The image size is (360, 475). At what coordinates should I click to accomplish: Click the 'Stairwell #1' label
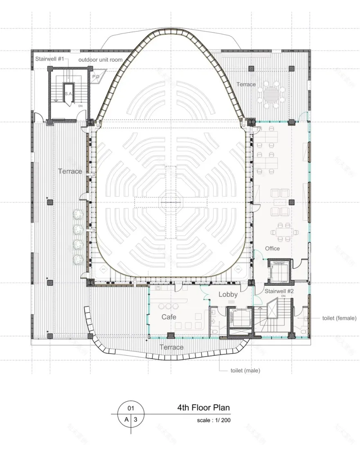(x=49, y=59)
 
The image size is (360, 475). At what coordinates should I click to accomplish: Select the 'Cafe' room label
(x=169, y=317)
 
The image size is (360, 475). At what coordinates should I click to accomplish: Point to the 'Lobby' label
(x=228, y=294)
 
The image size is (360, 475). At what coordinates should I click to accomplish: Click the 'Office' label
(x=272, y=248)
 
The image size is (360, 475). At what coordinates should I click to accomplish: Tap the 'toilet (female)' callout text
(x=339, y=318)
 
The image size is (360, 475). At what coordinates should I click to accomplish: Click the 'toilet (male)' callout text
(x=245, y=371)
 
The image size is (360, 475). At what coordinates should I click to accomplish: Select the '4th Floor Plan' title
(x=203, y=408)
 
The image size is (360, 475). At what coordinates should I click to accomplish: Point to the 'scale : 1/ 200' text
(x=214, y=420)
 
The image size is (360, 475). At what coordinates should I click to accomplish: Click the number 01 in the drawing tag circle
(x=131, y=408)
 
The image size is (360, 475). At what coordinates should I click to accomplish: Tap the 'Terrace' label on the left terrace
(x=70, y=171)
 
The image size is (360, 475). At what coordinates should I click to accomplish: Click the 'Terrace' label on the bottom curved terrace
(x=171, y=347)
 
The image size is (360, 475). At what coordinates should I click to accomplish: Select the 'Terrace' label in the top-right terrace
(x=246, y=84)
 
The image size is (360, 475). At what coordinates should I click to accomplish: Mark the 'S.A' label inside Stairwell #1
(x=68, y=94)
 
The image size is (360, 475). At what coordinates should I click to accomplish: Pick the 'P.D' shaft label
(x=96, y=76)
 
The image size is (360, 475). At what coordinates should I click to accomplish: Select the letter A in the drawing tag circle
(x=126, y=419)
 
